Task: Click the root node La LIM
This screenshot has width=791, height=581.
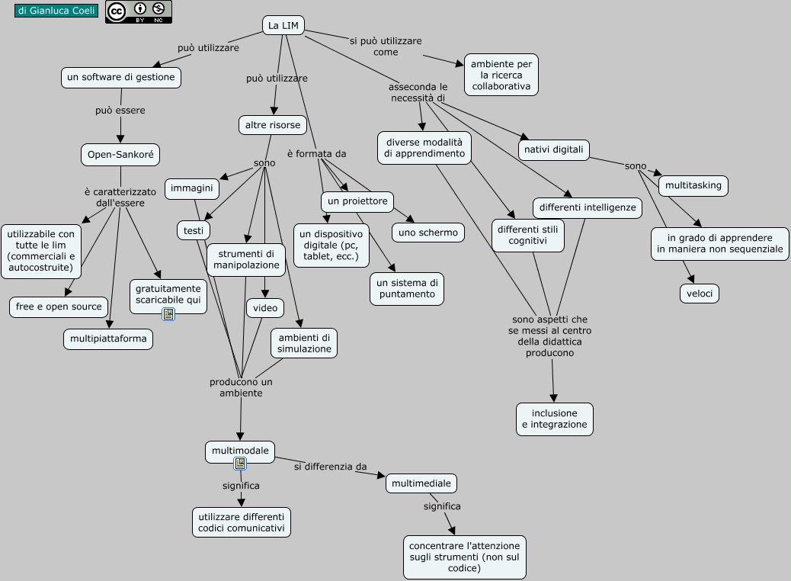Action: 283,25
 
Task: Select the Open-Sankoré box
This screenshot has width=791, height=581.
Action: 120,155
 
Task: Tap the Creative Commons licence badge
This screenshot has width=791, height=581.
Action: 138,11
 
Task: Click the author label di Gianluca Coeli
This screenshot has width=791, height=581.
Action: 56,11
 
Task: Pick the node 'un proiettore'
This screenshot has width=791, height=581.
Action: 357,201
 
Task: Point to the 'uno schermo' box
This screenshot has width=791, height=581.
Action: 428,233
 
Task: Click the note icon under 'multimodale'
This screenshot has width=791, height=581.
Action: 240,463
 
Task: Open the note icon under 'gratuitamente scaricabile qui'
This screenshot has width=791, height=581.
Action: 168,313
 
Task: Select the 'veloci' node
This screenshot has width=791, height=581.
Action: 699,294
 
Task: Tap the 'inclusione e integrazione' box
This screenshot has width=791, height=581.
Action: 554,419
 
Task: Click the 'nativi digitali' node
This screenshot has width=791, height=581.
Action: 554,149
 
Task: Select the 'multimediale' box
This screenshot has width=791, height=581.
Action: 421,483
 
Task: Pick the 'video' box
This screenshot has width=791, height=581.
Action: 265,307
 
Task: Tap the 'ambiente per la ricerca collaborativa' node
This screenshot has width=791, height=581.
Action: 501,75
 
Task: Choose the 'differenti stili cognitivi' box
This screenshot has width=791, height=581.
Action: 528,235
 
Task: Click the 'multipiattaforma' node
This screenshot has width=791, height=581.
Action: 108,339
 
